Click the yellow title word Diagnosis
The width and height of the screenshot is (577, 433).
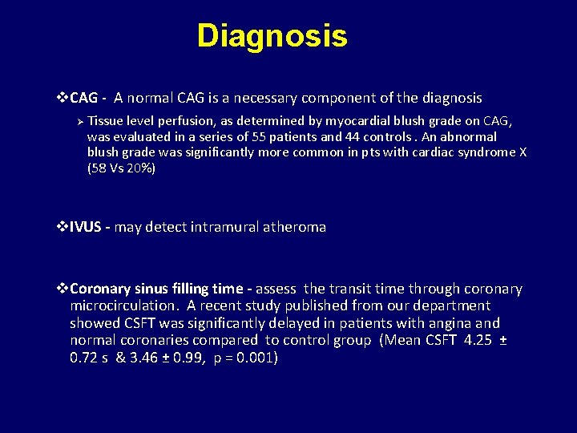point(272,36)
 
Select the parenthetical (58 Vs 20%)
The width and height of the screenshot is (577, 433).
point(121,169)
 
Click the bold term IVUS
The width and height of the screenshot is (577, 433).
point(87,228)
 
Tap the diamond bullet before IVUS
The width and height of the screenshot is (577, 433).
point(63,228)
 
